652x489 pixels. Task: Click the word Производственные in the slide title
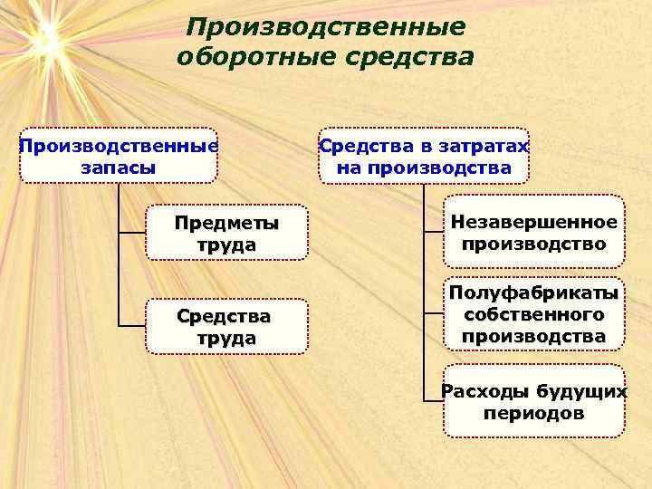[326, 28]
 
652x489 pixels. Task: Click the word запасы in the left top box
[118, 168]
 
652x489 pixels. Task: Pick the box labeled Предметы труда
[226, 234]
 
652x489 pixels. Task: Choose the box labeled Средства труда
[226, 327]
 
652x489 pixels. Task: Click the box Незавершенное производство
[534, 233]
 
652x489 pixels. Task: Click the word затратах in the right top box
[484, 146]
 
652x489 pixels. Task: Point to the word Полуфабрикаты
[534, 293]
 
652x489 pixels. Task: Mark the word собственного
[534, 314]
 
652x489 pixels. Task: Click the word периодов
[534, 414]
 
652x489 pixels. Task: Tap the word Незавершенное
[534, 222]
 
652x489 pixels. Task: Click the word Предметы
[226, 223]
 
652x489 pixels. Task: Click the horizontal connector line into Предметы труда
[132, 234]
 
